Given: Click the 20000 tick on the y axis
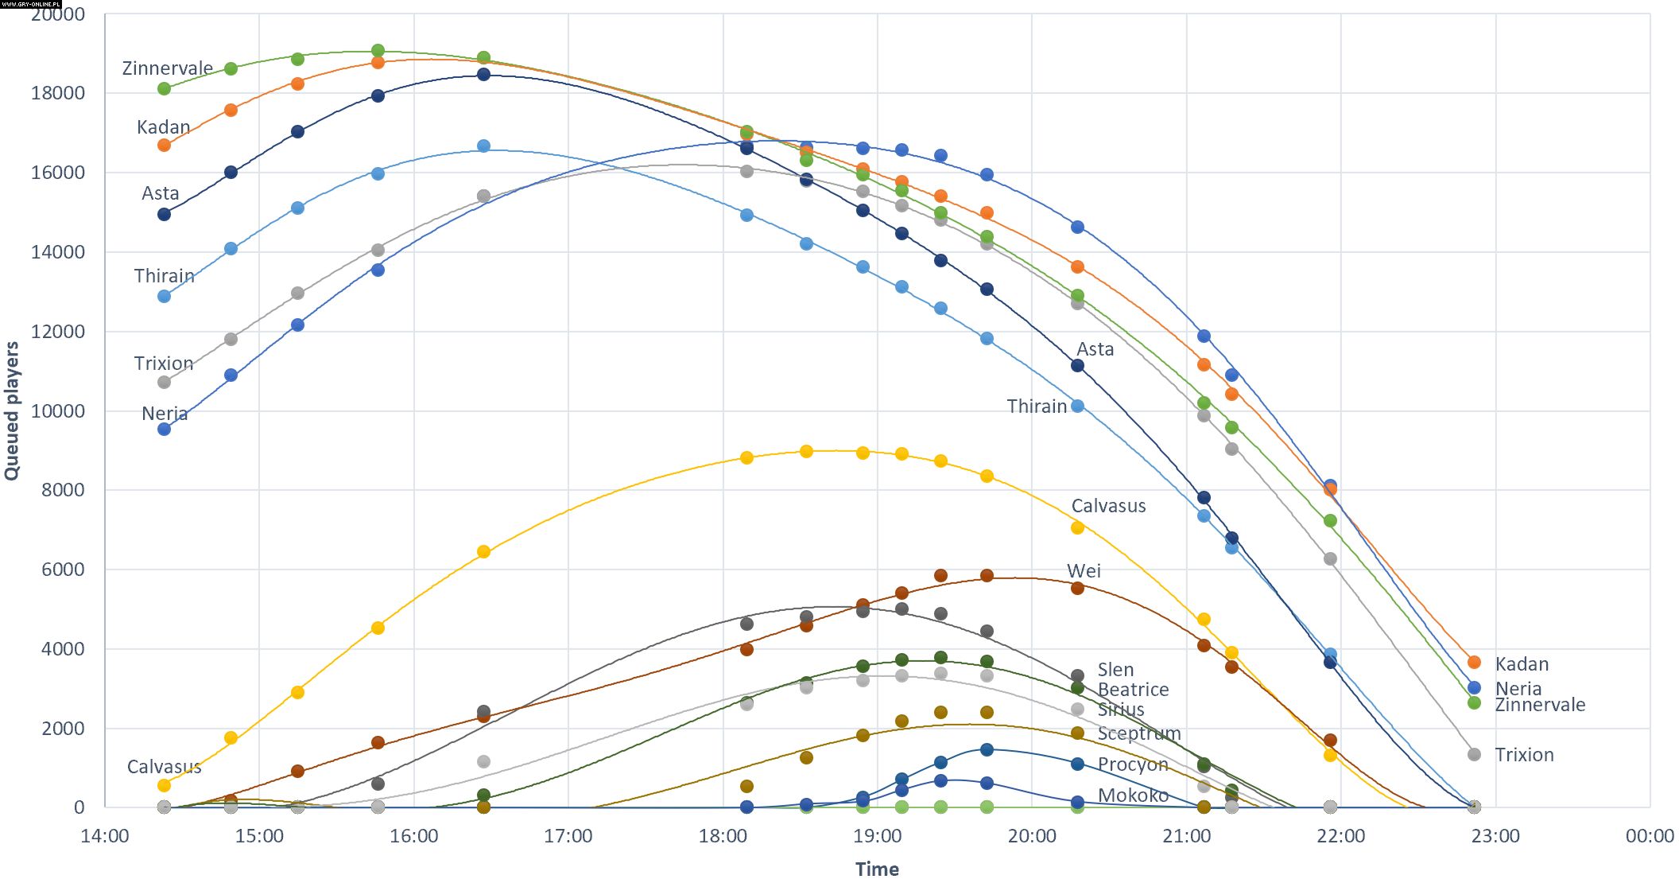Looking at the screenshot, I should pyautogui.click(x=57, y=14).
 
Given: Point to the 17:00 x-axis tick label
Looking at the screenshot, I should pyautogui.click(x=568, y=836).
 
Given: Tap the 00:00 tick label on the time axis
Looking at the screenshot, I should pyautogui.click(x=1650, y=836).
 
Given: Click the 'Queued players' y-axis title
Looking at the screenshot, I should pyautogui.click(x=11, y=410).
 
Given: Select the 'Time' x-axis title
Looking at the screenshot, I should pyautogui.click(x=877, y=869).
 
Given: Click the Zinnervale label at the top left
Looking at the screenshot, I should pyautogui.click(x=167, y=68).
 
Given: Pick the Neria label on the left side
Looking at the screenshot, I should pyautogui.click(x=165, y=414).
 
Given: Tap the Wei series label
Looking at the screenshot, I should pyautogui.click(x=1084, y=571).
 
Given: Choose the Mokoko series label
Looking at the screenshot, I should pyautogui.click(x=1133, y=795).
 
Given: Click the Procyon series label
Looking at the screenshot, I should pyautogui.click(x=1133, y=764).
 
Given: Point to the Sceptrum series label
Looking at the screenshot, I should pyautogui.click(x=1139, y=733).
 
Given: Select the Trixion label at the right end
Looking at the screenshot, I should pyautogui.click(x=1524, y=755).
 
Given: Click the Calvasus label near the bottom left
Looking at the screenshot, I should pyautogui.click(x=164, y=767).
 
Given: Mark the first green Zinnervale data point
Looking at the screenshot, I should pyautogui.click(x=164, y=89).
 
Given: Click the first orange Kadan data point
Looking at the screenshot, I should pyautogui.click(x=164, y=146).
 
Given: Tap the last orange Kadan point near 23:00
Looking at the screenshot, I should pyautogui.click(x=1474, y=663).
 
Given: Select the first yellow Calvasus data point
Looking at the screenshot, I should pyautogui.click(x=164, y=786).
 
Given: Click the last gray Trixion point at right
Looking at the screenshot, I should pyautogui.click(x=1474, y=755).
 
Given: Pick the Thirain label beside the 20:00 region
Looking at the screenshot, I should pyautogui.click(x=1037, y=406).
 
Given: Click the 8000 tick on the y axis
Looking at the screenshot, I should pyautogui.click(x=63, y=490).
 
